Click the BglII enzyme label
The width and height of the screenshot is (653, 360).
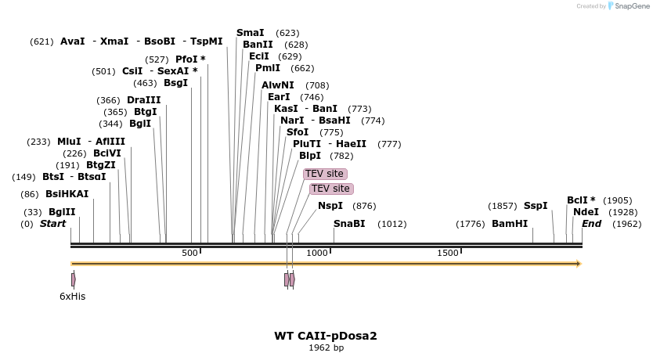(62, 212)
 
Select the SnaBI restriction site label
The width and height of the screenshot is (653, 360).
(349, 224)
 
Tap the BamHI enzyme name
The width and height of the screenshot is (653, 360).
(510, 224)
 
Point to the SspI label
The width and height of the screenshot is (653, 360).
(536, 206)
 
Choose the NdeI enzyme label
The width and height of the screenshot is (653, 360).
(586, 212)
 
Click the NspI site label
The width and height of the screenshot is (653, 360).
(330, 206)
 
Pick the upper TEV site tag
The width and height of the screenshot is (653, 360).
(325, 174)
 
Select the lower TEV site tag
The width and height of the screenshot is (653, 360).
(331, 189)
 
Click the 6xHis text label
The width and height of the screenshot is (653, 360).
(73, 297)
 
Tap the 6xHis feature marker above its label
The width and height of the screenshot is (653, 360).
(74, 279)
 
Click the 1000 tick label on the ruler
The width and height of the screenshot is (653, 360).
(317, 253)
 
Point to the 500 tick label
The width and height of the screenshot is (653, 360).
(189, 253)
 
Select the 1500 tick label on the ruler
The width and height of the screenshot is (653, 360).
(448, 253)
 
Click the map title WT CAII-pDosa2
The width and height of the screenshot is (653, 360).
(326, 336)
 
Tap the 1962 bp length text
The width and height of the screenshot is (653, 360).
(326, 347)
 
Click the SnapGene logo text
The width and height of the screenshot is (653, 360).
(632, 6)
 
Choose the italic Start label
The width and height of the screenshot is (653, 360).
(53, 224)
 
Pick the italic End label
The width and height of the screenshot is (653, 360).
(591, 224)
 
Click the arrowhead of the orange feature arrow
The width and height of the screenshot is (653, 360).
(579, 264)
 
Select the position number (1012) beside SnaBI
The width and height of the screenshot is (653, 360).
(392, 224)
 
